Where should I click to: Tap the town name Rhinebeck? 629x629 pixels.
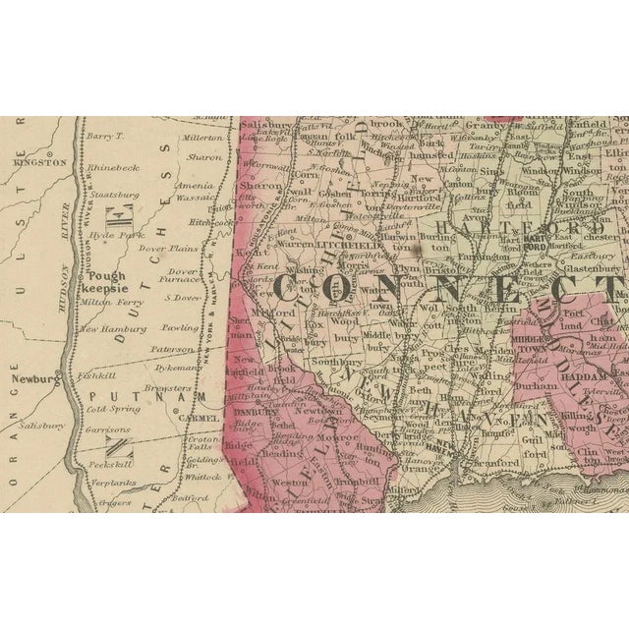[113, 167]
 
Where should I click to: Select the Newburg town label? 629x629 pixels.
[29, 376]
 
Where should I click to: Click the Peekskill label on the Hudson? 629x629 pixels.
[108, 461]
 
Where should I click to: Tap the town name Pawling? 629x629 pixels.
[180, 327]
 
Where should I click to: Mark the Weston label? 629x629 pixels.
[289, 483]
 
